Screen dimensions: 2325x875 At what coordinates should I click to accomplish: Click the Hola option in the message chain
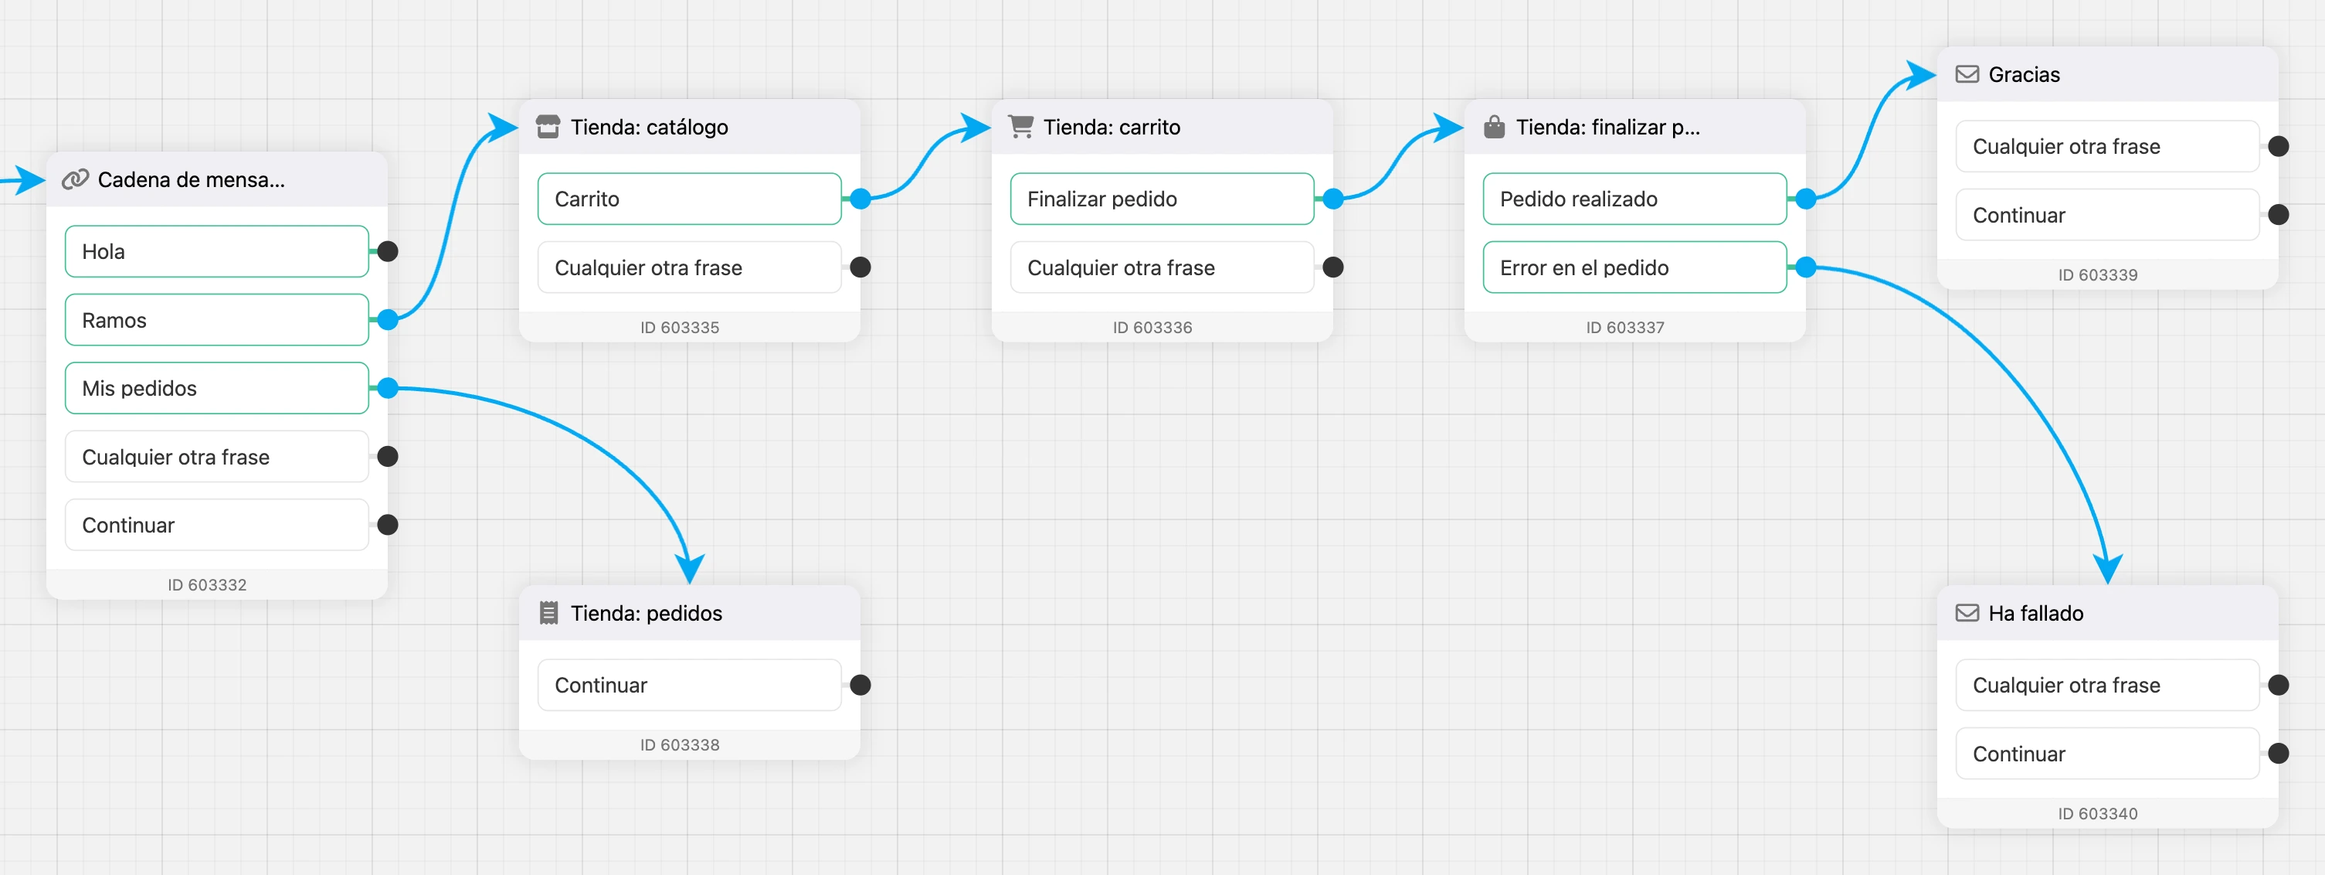point(216,251)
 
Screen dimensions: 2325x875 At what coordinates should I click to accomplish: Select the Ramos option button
point(216,320)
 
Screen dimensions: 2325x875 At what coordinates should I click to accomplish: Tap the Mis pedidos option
point(216,388)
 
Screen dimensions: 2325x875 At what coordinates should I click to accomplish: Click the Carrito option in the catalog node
point(690,199)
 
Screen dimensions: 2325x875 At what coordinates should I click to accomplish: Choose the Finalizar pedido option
point(1162,199)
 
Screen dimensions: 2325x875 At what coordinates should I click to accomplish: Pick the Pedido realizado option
point(1634,199)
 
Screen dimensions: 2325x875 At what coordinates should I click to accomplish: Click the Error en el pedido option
point(1634,267)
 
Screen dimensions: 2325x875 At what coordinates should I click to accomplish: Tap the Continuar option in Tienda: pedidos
point(690,685)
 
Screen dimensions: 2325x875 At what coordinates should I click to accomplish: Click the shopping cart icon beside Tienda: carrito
point(1021,127)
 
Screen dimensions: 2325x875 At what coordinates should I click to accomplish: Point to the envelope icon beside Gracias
point(1967,74)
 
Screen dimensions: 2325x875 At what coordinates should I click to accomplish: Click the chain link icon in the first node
point(75,179)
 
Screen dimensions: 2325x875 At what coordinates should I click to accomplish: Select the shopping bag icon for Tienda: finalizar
point(1495,127)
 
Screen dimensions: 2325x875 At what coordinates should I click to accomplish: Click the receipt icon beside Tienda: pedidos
point(548,613)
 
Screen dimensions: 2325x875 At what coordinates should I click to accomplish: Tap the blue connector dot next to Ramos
point(388,320)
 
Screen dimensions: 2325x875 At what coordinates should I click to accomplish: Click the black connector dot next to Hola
point(388,251)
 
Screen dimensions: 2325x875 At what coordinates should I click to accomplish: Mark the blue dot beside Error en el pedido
point(1806,267)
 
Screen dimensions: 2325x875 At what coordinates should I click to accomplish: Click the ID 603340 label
point(2098,814)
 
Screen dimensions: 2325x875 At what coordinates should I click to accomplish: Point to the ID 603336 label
point(1152,328)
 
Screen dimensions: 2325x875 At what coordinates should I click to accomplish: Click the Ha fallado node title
point(2036,613)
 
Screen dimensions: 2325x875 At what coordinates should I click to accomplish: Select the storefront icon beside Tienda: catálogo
point(548,127)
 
